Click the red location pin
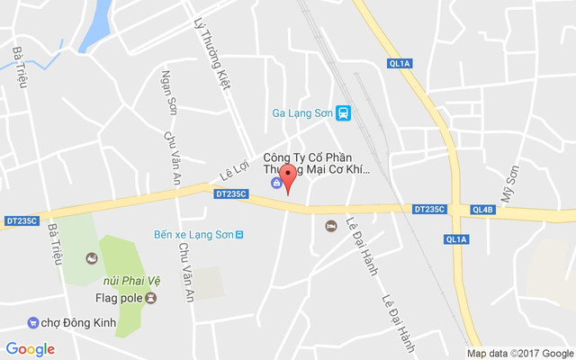point(287,176)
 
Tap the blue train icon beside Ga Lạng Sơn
point(342,112)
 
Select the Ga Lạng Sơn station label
point(301,112)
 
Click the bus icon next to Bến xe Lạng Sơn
point(239,234)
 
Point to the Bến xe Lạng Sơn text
point(193,234)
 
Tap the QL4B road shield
point(482,210)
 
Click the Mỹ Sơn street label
point(510,183)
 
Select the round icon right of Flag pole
point(150,297)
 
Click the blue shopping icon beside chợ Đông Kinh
point(33,321)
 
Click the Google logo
point(31,348)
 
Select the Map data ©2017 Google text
point(519,353)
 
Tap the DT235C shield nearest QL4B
point(429,209)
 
